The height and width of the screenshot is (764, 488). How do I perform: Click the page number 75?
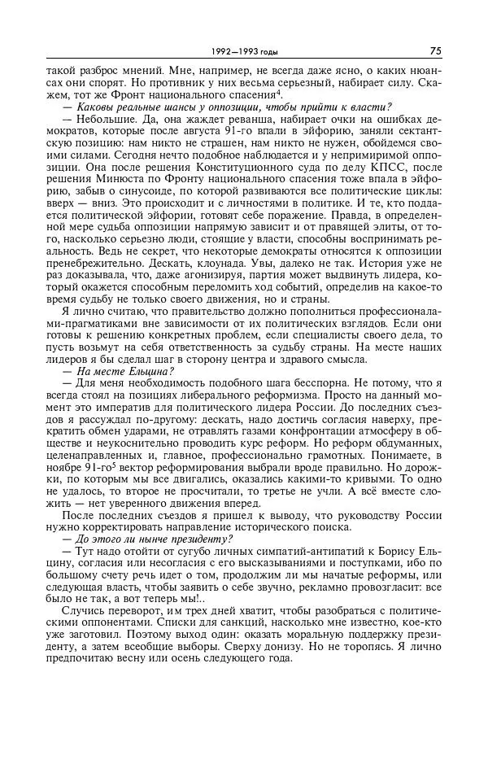pos(435,50)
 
